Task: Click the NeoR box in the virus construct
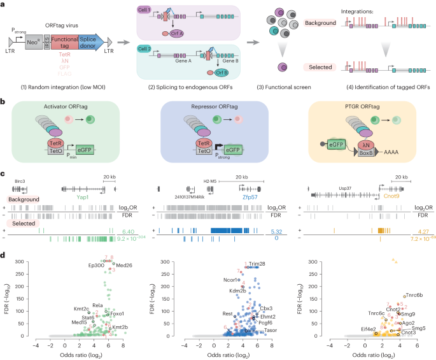pos(34,43)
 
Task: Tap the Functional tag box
pos(62,43)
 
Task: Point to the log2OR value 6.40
pos(128,231)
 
